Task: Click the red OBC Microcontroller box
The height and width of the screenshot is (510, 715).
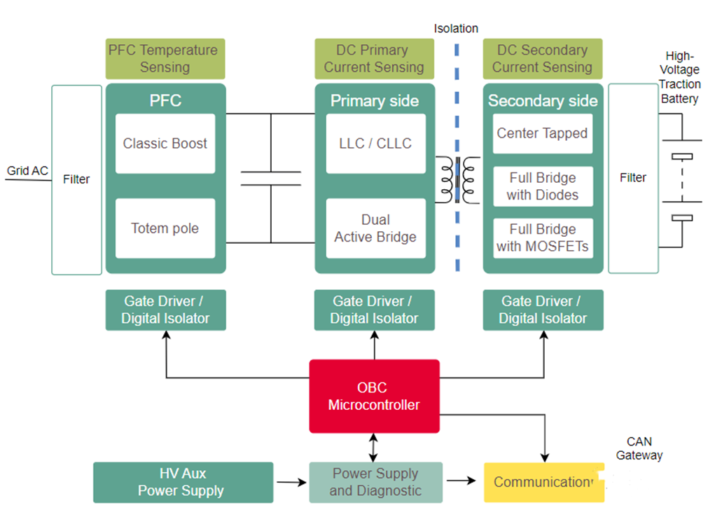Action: click(x=374, y=397)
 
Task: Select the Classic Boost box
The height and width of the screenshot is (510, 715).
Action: click(x=165, y=144)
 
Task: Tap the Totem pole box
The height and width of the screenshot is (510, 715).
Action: click(x=165, y=228)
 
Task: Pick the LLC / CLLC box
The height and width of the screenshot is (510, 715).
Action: click(x=375, y=144)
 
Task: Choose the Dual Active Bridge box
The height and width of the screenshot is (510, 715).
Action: click(x=375, y=228)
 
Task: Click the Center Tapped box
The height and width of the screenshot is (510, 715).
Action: click(x=543, y=133)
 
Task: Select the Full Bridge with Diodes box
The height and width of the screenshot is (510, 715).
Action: click(x=543, y=186)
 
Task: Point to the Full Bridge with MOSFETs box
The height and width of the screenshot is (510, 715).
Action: click(x=543, y=237)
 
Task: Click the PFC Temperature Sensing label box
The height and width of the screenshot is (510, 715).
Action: click(x=165, y=59)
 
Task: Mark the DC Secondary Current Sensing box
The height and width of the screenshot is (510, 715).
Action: click(x=542, y=59)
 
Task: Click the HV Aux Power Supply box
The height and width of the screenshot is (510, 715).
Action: click(x=182, y=482)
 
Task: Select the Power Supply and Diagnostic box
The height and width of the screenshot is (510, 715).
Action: click(x=375, y=482)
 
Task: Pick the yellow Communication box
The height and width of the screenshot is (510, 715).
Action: click(x=543, y=482)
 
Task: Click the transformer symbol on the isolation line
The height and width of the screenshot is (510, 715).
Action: click(x=457, y=179)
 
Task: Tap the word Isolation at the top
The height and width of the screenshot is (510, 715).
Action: click(x=456, y=29)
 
